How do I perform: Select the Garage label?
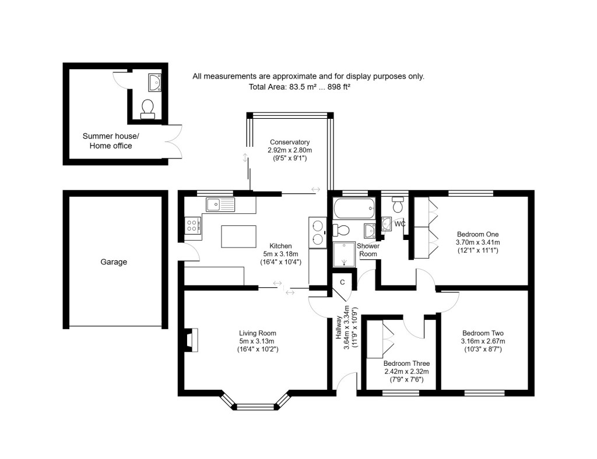pyautogui.click(x=114, y=262)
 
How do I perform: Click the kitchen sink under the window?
pyautogui.click(x=220, y=204)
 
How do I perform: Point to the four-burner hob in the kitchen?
pyautogui.click(x=193, y=225)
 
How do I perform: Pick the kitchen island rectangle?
pyautogui.click(x=238, y=236)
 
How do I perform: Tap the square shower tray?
pyautogui.click(x=343, y=255)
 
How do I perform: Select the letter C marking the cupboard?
pyautogui.click(x=343, y=283)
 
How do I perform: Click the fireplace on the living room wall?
pyautogui.click(x=192, y=340)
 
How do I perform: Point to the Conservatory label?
pyautogui.click(x=289, y=142)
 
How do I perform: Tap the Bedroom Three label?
pyautogui.click(x=406, y=363)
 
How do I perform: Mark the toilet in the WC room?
pyautogui.click(x=398, y=204)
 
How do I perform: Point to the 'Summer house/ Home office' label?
pyautogui.click(x=110, y=140)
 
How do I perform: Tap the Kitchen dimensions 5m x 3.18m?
pyautogui.click(x=280, y=254)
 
